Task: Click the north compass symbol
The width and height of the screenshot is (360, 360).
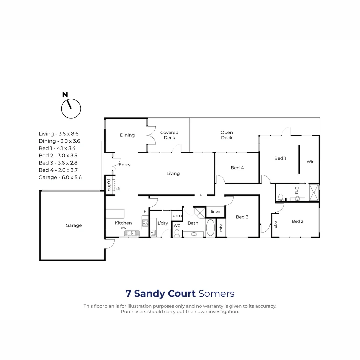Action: point(71,108)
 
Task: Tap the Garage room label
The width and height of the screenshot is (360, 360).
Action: point(73,225)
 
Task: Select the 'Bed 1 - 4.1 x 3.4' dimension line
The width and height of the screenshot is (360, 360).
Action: point(57,148)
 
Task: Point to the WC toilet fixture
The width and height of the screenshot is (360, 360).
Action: point(177,232)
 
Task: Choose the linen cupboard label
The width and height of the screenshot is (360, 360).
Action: point(215,212)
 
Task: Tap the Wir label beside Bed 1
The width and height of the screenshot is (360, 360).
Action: point(310,162)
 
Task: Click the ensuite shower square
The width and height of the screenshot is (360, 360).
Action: point(314,193)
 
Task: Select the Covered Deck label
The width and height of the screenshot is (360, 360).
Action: point(169,135)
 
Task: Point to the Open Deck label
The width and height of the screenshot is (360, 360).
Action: point(227,135)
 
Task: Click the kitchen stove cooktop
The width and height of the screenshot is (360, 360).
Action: point(145,223)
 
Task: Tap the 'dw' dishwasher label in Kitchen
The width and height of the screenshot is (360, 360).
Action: point(123,228)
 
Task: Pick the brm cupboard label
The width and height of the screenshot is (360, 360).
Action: point(177,216)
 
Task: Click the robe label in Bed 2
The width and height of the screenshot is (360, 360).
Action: point(275,226)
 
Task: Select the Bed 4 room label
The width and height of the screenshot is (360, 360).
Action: point(237,168)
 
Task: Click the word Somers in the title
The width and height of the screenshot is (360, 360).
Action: point(216,294)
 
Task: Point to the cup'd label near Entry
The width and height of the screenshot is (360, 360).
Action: point(109,185)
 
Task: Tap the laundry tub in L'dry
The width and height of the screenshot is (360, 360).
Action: point(153,232)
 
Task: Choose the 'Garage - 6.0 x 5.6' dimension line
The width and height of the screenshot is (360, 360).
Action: point(60,177)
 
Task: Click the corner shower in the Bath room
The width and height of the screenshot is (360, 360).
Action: point(199,212)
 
